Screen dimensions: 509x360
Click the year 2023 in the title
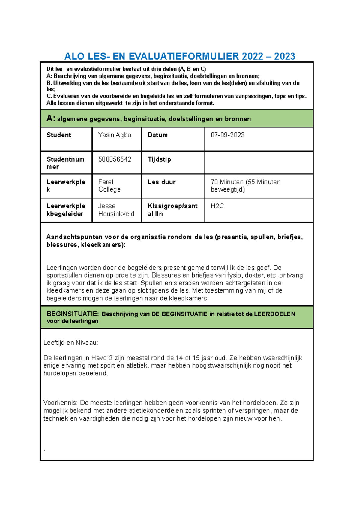point(284,56)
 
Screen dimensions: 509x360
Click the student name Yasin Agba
point(115,135)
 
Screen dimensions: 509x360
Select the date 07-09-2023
point(227,135)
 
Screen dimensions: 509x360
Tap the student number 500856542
point(115,159)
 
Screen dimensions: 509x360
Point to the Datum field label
point(157,135)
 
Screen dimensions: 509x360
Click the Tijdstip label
point(159,159)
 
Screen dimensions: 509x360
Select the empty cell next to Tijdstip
point(259,162)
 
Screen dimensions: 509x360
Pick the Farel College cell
point(109,186)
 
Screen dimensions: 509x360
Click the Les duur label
point(161,182)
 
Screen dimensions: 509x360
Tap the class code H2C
point(217,206)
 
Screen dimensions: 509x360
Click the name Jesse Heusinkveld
point(116,210)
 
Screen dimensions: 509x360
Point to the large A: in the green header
point(51,118)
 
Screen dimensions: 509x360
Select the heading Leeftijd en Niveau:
point(71,343)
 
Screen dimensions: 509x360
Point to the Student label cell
point(59,135)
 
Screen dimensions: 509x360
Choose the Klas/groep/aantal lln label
point(172,210)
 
